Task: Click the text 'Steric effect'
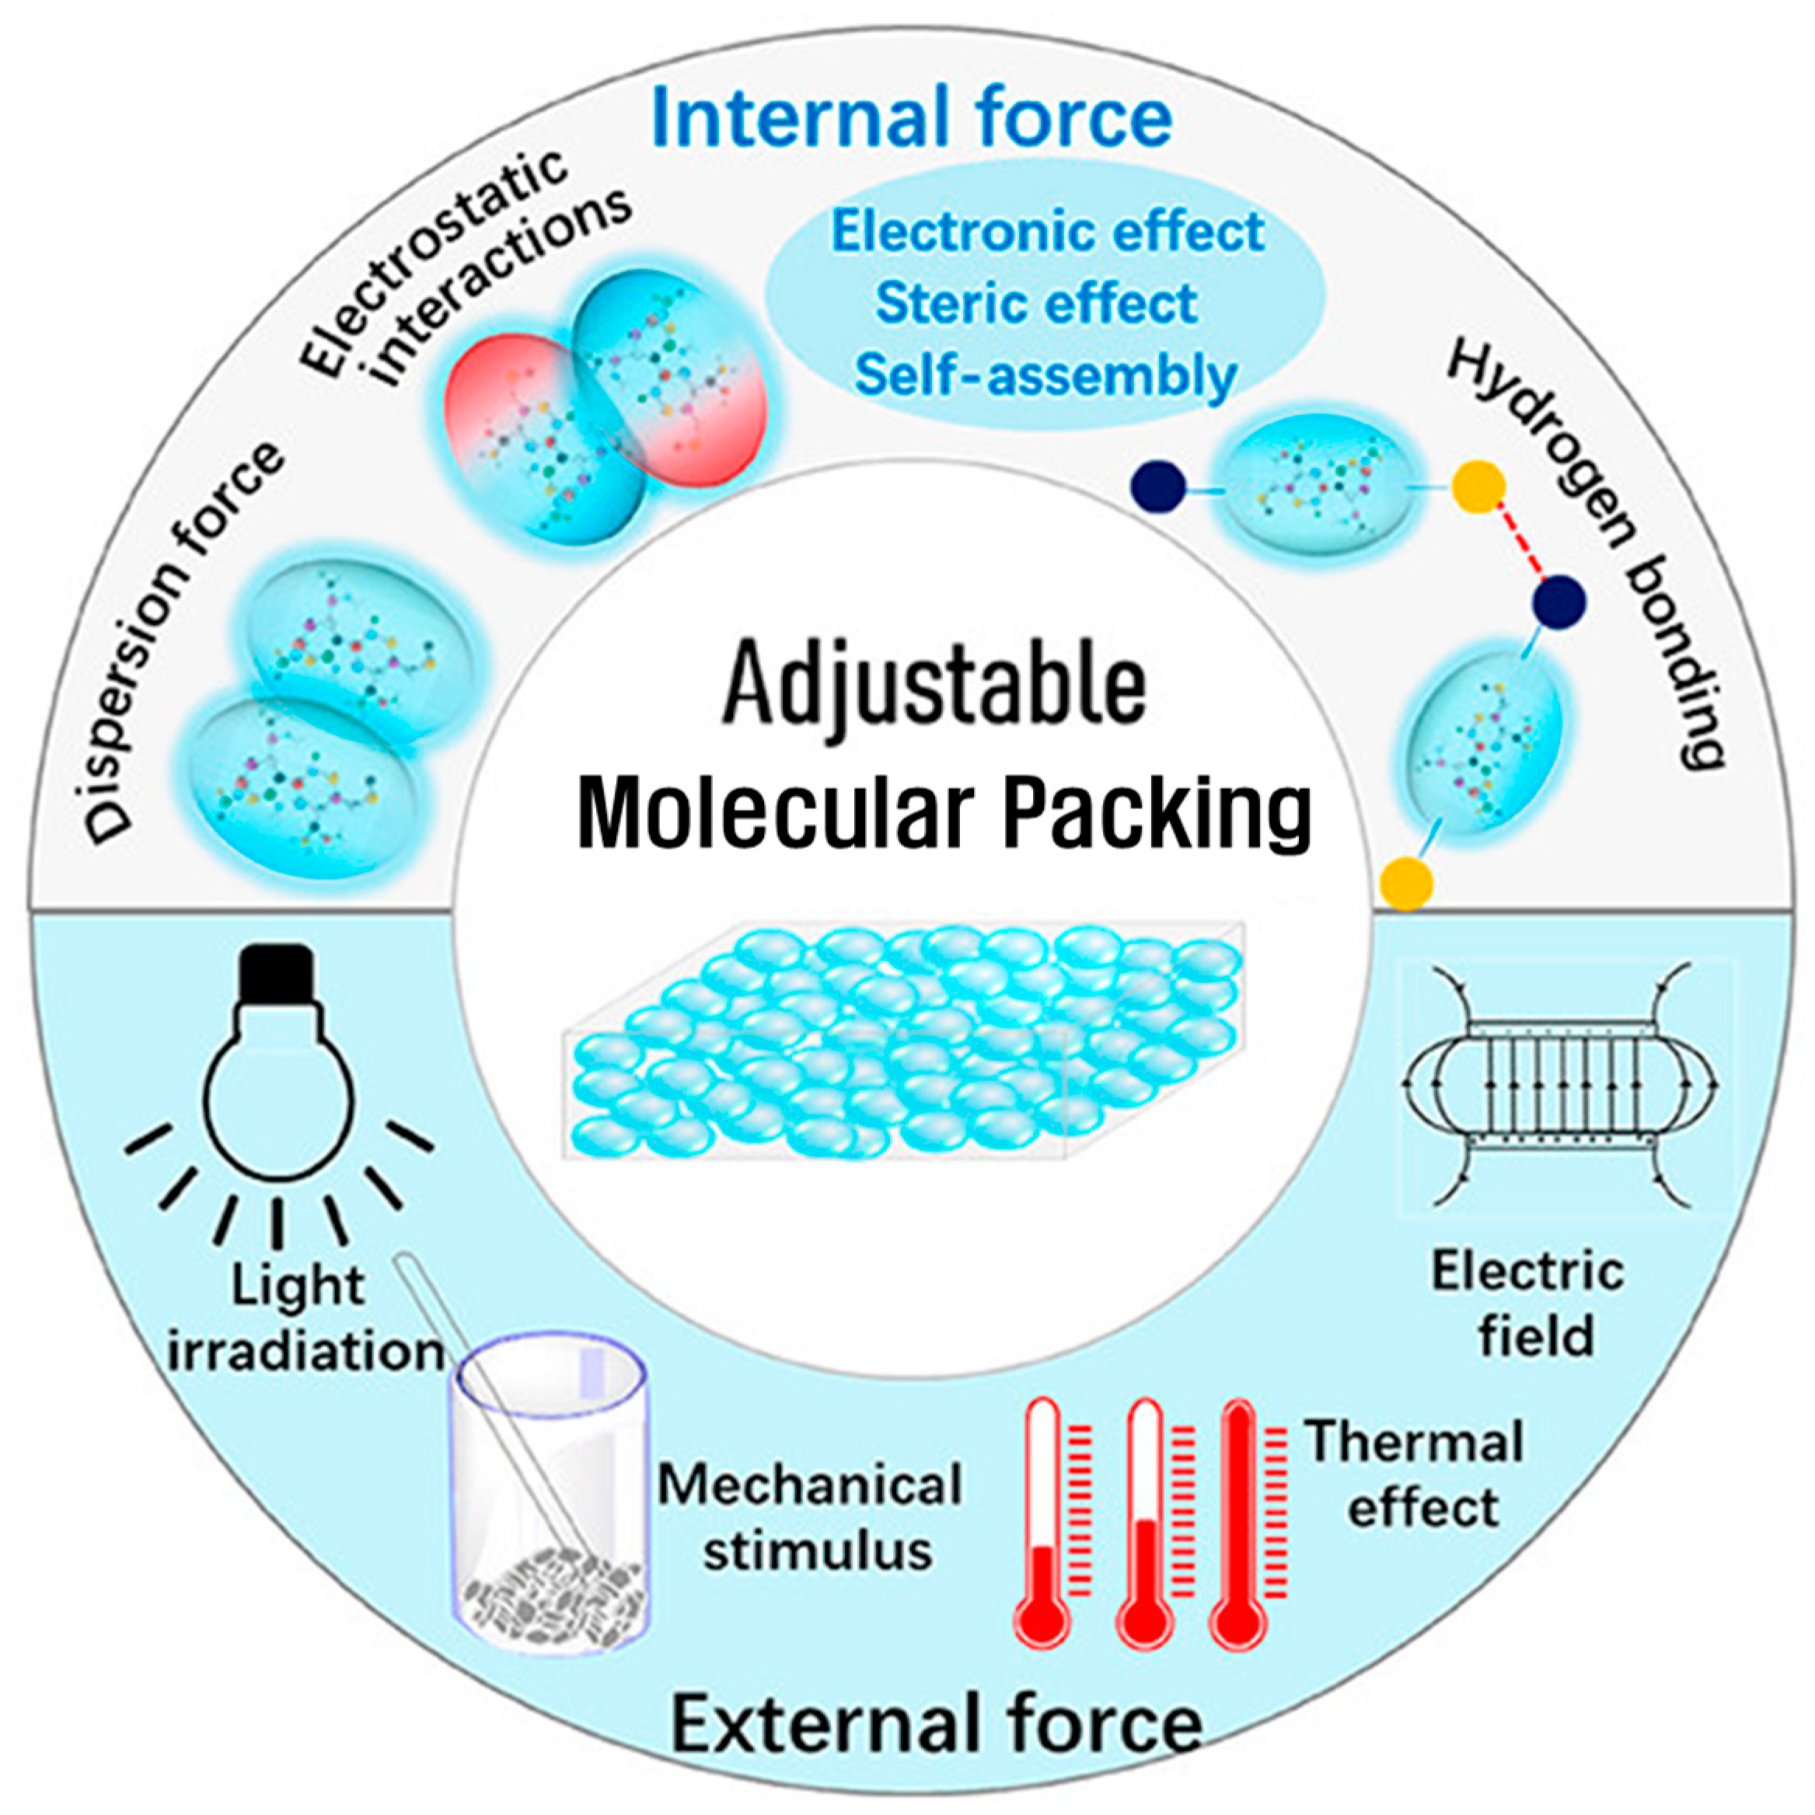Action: pyautogui.click(x=1036, y=303)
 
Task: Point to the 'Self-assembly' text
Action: pyautogui.click(x=1045, y=375)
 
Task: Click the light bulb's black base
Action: pyautogui.click(x=276, y=972)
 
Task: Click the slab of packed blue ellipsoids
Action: pyautogui.click(x=902, y=1043)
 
